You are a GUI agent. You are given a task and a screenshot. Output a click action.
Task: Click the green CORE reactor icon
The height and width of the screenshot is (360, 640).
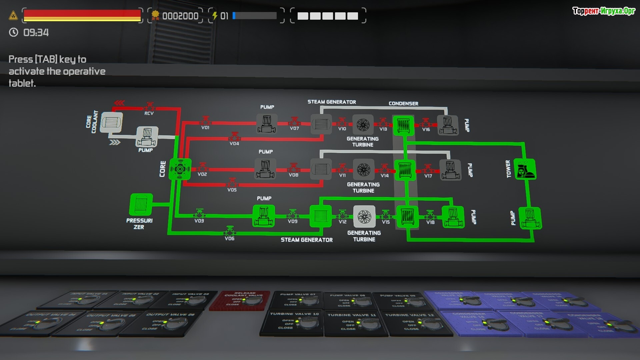[180, 169]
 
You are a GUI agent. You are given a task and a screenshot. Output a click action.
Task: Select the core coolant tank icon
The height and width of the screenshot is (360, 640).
[112, 122]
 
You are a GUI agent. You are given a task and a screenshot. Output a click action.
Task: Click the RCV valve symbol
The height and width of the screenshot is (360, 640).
[149, 107]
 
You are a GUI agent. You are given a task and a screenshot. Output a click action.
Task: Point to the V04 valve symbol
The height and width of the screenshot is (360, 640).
[234, 137]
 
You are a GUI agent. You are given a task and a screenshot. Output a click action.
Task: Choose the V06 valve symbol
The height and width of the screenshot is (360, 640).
[230, 231]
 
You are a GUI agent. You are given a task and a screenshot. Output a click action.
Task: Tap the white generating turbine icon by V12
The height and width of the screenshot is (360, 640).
[364, 217]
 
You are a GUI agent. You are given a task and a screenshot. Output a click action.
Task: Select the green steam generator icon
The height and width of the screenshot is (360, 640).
[320, 216]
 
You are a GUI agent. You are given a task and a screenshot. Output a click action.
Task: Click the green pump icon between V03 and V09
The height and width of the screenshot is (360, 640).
[264, 216]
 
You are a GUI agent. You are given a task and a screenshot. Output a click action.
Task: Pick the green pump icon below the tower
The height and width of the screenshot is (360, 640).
[530, 218]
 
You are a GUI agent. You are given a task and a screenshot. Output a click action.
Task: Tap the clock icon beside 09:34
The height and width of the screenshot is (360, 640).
[14, 32]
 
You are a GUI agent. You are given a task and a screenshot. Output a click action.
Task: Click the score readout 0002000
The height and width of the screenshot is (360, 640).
[180, 16]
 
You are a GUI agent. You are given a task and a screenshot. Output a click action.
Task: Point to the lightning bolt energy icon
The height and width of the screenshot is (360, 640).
[215, 16]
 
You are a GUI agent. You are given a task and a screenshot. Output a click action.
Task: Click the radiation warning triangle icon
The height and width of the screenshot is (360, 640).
[13, 15]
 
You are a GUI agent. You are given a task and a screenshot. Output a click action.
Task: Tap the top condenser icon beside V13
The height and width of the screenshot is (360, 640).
[403, 125]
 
